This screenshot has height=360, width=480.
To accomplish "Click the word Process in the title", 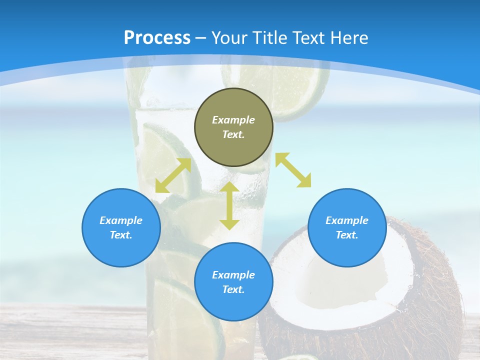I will pyautogui.click(x=157, y=38).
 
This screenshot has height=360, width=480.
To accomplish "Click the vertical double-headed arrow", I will pyautogui.click(x=229, y=205).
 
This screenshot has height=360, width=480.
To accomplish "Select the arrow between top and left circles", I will pyautogui.click(x=173, y=175).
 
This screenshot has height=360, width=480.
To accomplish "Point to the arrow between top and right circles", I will pyautogui.click(x=293, y=170).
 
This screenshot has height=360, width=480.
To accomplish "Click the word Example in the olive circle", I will pyautogui.click(x=233, y=120).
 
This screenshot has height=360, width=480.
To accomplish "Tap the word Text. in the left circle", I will pyautogui.click(x=121, y=235).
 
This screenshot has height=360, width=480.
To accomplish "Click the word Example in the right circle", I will pyautogui.click(x=347, y=220).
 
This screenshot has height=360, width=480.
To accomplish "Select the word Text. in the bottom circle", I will pyautogui.click(x=233, y=289).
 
